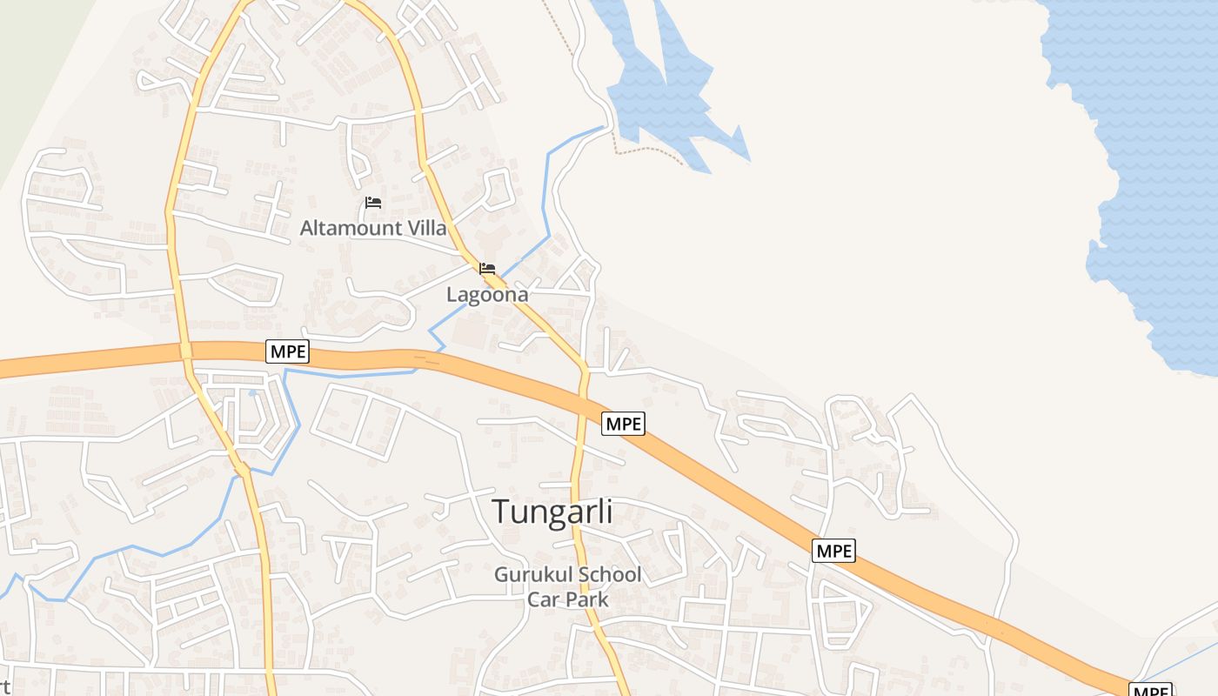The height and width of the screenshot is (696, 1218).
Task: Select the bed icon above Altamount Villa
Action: [x=373, y=203]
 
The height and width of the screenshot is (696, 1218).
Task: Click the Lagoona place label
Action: [x=487, y=295]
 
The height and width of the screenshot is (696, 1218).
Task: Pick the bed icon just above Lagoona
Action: [x=487, y=269]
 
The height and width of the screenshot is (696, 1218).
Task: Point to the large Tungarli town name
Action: [x=552, y=512]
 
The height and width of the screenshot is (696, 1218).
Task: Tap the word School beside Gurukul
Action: [x=606, y=575]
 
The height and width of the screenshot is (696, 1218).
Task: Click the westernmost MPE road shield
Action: [x=287, y=351]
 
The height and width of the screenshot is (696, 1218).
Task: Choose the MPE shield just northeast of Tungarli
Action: [x=623, y=424]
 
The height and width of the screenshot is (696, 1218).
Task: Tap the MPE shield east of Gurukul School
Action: [x=833, y=551]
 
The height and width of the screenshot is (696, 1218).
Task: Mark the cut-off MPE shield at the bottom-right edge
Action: [x=1153, y=690]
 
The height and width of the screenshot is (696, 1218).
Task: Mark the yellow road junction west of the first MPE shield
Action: [x=186, y=351]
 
